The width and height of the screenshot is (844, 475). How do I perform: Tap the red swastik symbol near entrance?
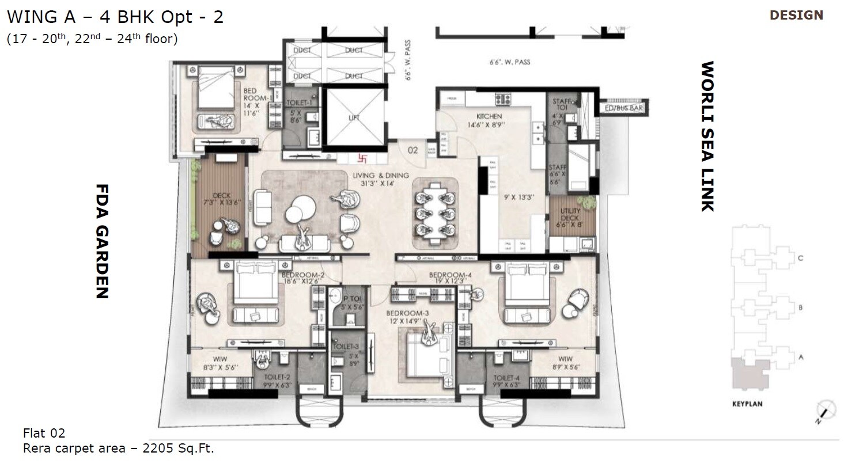pos(362,157)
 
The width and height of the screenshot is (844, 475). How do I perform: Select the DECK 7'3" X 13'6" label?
pos(221,199)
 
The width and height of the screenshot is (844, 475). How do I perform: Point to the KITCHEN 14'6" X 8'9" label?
pos(489,120)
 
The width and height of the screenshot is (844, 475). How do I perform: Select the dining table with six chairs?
pos(436,213)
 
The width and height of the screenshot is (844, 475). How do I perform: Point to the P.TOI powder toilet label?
pos(351,303)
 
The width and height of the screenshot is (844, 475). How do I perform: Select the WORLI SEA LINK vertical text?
pos(707,136)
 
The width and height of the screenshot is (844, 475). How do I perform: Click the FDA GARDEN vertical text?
pos(101,241)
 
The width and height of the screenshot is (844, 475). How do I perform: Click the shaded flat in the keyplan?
pos(749,374)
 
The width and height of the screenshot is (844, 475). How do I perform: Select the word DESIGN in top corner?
pos(796,16)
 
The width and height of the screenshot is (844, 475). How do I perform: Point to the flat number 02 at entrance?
pos(412,150)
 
